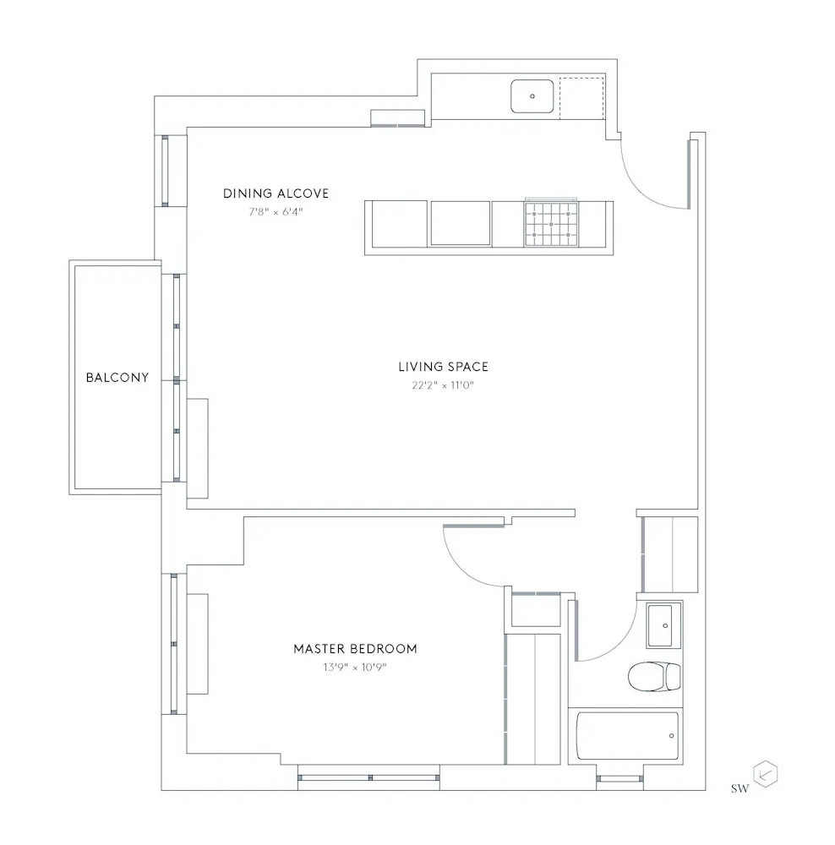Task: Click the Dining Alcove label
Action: (x=276, y=194)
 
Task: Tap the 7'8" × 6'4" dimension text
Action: (x=276, y=212)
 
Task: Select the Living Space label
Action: (x=443, y=367)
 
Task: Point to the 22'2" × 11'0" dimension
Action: (x=443, y=385)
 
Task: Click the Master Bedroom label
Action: (x=355, y=649)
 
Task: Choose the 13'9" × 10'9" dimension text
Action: (x=355, y=668)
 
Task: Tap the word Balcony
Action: (x=117, y=378)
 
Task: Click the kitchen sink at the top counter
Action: (x=532, y=96)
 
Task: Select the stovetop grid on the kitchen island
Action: (x=550, y=225)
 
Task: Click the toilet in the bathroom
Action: (x=654, y=676)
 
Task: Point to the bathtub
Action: (x=628, y=735)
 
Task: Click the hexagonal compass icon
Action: (x=765, y=774)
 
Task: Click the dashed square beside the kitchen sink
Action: (x=581, y=96)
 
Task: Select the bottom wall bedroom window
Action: (x=369, y=775)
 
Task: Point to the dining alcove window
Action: (x=166, y=170)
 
